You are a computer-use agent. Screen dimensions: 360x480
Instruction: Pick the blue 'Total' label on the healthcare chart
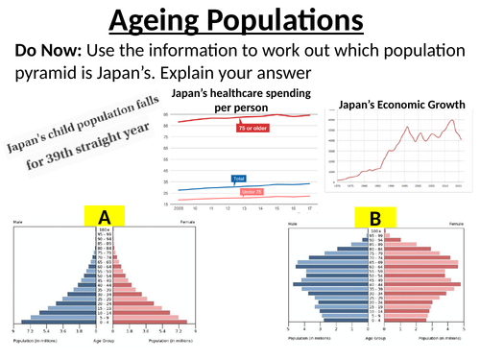coord(240,179)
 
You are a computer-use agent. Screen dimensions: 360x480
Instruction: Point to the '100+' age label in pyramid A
coord(105,230)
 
